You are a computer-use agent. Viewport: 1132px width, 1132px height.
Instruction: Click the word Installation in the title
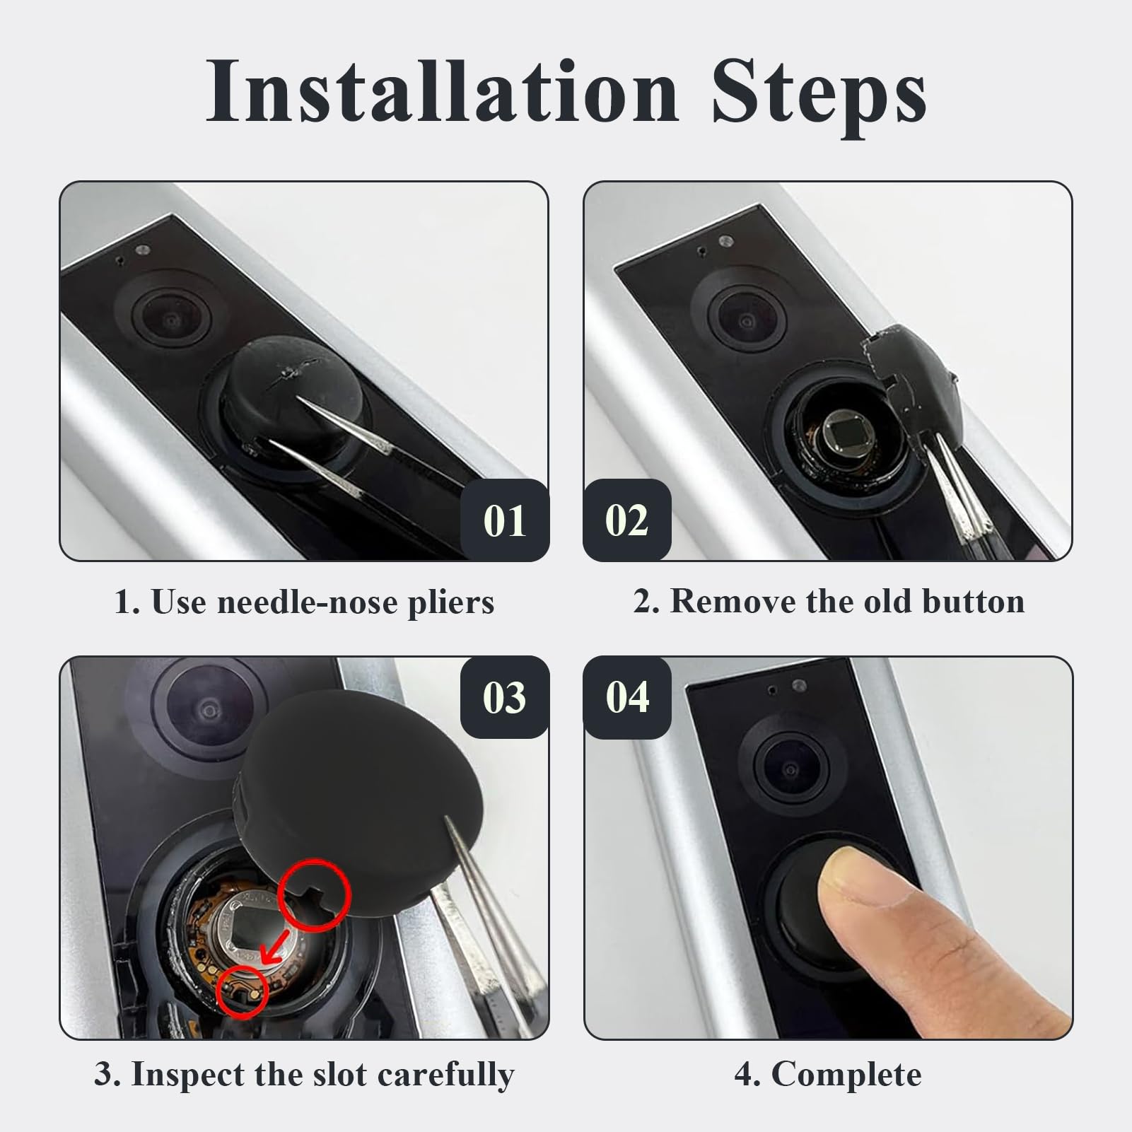[x=443, y=92]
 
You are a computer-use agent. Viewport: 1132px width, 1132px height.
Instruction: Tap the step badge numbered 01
[x=505, y=520]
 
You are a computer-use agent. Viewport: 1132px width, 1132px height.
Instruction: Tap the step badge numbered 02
[x=626, y=520]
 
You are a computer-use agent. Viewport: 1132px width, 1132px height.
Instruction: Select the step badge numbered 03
[x=505, y=697]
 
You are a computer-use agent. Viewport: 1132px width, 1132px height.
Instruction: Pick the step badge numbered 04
[x=626, y=697]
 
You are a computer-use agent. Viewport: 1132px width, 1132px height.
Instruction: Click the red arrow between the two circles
[x=276, y=947]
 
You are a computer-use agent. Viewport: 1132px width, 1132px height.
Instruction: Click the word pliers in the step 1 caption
[x=450, y=603]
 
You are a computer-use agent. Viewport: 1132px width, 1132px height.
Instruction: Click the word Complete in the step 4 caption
[x=846, y=1075]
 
